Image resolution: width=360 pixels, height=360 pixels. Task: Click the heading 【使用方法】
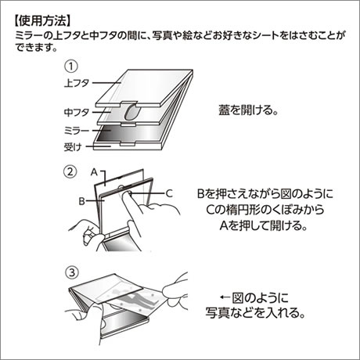tap(42, 21)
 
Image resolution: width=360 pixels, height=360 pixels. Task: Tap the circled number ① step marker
tap(71, 67)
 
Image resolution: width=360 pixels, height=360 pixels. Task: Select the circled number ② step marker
tap(70, 172)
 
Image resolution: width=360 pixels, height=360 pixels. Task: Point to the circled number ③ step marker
tap(72, 272)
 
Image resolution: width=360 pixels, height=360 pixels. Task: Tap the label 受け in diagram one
tap(73, 147)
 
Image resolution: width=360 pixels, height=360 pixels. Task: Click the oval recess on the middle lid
tap(132, 113)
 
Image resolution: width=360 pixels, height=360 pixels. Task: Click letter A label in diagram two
tap(94, 172)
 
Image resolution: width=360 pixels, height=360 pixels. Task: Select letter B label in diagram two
tap(82, 201)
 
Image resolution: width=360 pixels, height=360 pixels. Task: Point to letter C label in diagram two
tap(169, 193)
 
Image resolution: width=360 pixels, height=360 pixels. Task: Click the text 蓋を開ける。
tap(248, 110)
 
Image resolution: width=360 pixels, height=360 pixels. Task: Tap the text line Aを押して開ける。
tap(264, 225)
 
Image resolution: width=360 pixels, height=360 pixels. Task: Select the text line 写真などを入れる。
tap(255, 312)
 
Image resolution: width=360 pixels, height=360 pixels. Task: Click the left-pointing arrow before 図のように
tap(225, 297)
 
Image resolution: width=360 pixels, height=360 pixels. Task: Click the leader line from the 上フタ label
tap(106, 83)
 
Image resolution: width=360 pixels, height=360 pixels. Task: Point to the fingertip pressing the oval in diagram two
tap(128, 193)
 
